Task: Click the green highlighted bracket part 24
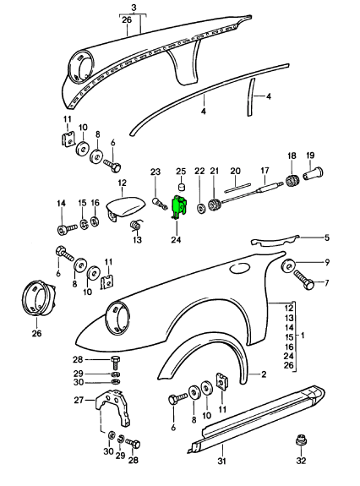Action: click(x=179, y=207)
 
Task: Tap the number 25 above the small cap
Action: click(x=181, y=171)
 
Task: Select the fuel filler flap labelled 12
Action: click(x=125, y=207)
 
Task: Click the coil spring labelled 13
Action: click(x=135, y=225)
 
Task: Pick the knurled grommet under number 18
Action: click(x=292, y=180)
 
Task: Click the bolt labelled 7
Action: click(x=303, y=280)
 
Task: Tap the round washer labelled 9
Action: click(x=289, y=266)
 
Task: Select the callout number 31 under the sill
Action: click(x=221, y=461)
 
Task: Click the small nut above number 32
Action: click(x=301, y=440)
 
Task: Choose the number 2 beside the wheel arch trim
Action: click(x=264, y=374)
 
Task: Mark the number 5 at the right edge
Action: click(x=327, y=238)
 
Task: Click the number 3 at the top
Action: click(x=134, y=8)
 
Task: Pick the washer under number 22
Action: click(x=200, y=208)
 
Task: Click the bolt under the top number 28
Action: click(x=115, y=362)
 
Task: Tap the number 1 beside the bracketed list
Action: click(x=303, y=335)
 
